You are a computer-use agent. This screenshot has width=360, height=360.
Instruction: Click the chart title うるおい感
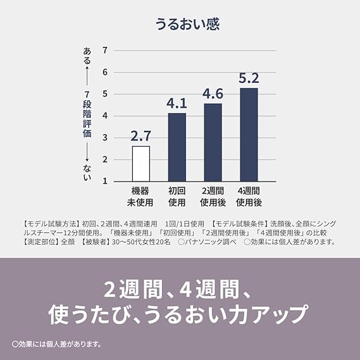187,24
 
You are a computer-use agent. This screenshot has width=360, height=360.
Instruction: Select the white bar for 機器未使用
141,164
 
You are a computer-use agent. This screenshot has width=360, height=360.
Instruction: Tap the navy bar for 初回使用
177,147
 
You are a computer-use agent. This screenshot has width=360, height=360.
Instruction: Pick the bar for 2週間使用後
213,142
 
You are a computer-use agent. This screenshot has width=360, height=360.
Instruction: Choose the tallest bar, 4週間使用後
249,135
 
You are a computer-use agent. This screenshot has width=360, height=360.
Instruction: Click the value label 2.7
140,136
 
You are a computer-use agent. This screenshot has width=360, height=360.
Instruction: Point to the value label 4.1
177,103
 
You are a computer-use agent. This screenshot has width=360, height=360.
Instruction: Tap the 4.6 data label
213,94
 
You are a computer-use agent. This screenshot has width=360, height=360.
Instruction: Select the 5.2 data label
249,78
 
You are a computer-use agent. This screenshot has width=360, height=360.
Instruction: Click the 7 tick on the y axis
105,50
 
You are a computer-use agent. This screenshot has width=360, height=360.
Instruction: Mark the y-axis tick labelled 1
105,181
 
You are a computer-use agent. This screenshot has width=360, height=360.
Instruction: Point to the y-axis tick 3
105,137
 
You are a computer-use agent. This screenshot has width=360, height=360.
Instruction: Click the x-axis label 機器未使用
140,197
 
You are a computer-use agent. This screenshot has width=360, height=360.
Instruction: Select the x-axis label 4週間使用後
249,197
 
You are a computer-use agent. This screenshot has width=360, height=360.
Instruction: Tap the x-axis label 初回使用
177,197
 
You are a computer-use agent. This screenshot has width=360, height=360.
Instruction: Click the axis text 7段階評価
87,114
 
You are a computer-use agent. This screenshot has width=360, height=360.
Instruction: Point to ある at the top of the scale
87,56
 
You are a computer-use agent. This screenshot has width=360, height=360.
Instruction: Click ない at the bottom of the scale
87,173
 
